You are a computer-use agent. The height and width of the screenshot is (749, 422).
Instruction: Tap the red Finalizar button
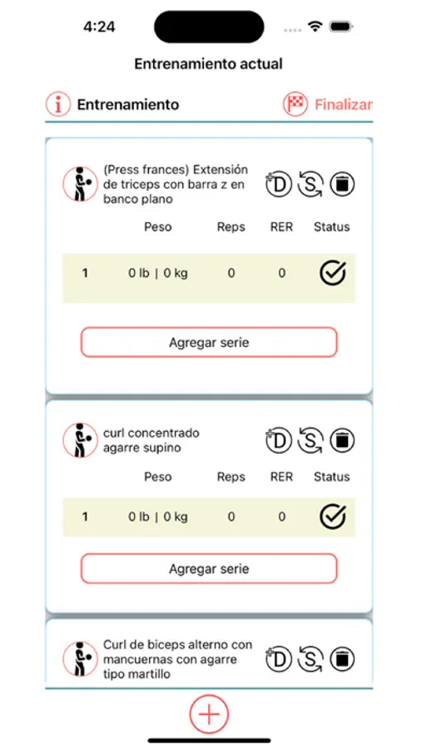pos(343,105)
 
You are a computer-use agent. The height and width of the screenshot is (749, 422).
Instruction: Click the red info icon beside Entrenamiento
pos(57,104)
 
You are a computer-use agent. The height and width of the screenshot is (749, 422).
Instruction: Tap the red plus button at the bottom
pos(209,713)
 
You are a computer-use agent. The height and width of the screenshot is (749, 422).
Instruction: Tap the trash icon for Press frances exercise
pos(341,184)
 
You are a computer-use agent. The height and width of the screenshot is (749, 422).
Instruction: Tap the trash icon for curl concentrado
pos(341,439)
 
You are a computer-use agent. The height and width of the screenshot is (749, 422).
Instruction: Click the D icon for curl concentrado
pos(279,439)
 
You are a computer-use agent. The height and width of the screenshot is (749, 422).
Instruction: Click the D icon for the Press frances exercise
pos(279,184)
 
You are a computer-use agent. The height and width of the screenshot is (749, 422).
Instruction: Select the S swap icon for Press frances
pos(310,184)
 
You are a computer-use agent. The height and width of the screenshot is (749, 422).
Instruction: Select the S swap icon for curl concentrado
pos(310,439)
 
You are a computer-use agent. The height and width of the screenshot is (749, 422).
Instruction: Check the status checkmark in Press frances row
pos(333,273)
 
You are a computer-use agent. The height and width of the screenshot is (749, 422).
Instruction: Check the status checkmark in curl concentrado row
pos(333,517)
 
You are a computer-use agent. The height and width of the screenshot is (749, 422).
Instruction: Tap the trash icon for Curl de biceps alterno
pos(341,659)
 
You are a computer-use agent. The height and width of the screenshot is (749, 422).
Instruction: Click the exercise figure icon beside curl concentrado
pos(80,439)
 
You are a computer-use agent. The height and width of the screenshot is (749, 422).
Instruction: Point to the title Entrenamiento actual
pos(208,63)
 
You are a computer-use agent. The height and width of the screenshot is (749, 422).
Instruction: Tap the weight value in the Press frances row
pos(157,273)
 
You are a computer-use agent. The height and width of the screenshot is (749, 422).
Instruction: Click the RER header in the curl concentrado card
pos(281,477)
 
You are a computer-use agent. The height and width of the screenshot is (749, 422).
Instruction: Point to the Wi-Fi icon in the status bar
pos(315,27)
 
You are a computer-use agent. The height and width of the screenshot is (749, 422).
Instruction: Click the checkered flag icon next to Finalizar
pos(295,105)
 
